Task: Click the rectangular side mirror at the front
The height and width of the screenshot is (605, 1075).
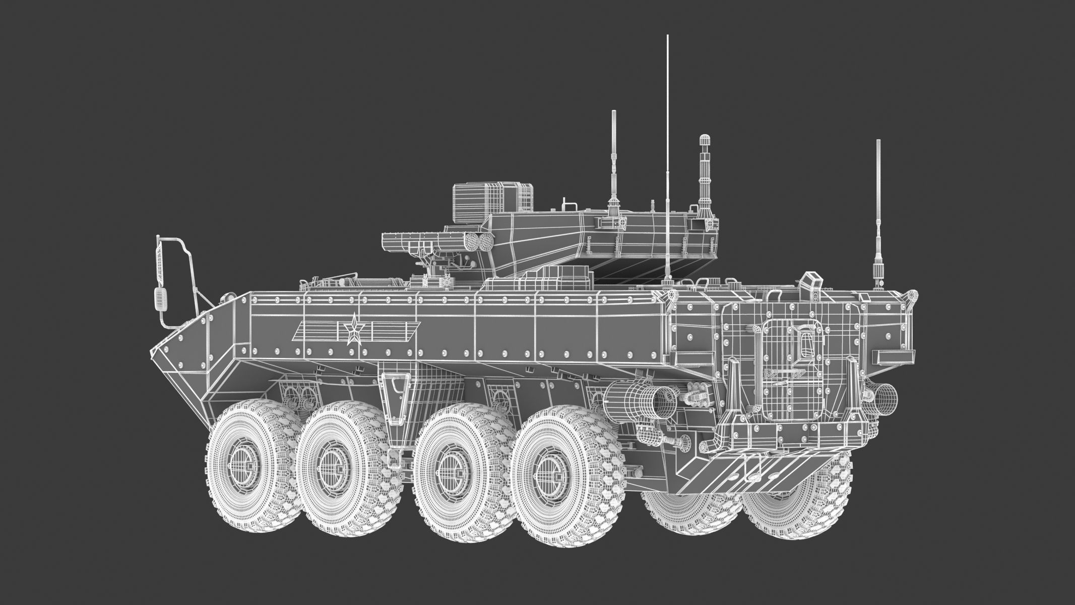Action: click(161, 299)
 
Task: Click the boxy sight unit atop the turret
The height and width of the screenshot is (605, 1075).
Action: click(492, 203)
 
